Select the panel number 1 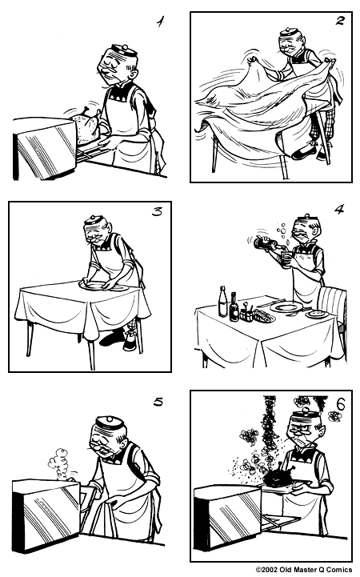coord(159,22)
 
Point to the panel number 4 coord(338,210)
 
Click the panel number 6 coord(340,404)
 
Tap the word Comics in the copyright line coord(338,570)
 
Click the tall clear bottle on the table coord(223,302)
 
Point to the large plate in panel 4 coord(286,307)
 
